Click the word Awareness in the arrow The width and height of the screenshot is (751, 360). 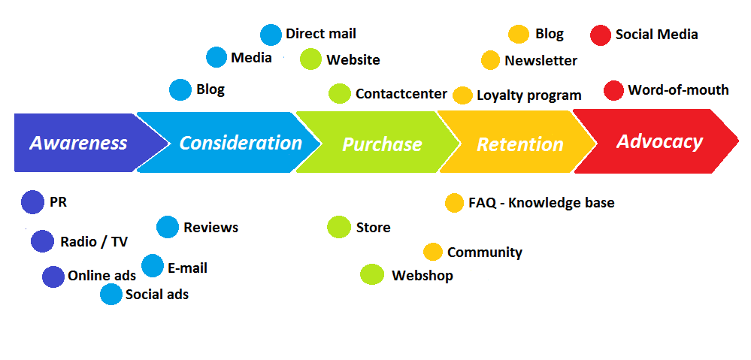[78, 143]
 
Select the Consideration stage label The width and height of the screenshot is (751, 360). [241, 143]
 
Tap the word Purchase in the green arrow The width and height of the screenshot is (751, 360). [382, 144]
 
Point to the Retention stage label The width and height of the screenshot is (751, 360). [520, 144]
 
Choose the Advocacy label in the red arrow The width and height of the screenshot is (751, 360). [659, 142]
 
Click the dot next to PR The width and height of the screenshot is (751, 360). [32, 202]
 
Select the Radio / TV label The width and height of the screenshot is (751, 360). [94, 242]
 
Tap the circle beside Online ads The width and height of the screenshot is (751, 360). [53, 277]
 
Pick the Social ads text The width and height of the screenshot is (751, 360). [157, 294]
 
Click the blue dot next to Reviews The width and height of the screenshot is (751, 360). [168, 227]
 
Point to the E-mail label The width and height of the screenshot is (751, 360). [188, 268]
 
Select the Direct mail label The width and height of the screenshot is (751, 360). [321, 34]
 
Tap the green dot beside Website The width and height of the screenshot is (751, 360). [310, 59]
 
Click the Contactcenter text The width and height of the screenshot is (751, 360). [401, 94]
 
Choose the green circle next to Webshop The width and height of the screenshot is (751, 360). [372, 275]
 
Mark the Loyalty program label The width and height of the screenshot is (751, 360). [529, 95]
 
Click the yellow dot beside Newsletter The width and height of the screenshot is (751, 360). [490, 60]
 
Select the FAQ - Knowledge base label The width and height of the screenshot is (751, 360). [542, 203]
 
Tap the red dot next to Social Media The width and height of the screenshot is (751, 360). [601, 35]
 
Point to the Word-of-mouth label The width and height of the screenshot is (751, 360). [678, 90]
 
